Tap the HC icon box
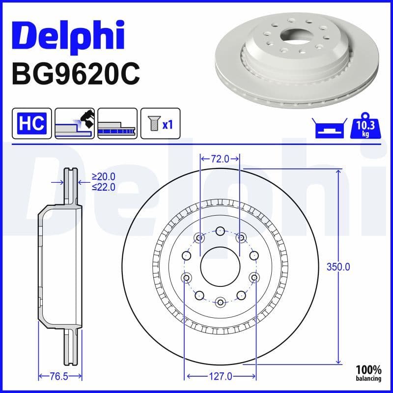click(32, 123)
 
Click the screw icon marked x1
click(160, 123)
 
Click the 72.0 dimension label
click(220, 159)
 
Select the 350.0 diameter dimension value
click(338, 267)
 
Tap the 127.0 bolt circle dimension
click(220, 377)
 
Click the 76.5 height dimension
click(59, 377)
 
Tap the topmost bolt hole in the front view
click(220, 230)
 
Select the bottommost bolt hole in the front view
click(220, 302)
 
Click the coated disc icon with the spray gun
click(75, 123)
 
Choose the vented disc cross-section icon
click(117, 123)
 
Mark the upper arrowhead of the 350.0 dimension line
click(338, 171)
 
